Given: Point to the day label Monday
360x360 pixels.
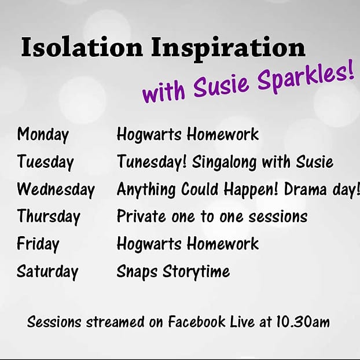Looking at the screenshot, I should [x=43, y=135].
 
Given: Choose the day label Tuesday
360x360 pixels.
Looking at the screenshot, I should [x=45, y=162].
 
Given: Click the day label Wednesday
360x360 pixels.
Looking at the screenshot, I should [x=56, y=189].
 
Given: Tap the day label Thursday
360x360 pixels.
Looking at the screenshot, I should [x=49, y=216].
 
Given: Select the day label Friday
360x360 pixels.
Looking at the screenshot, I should [x=38, y=244].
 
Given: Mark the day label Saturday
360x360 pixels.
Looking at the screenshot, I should [x=47, y=271].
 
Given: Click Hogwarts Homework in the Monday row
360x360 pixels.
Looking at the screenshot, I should [x=188, y=135].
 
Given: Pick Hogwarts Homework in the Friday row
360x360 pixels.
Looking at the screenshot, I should [x=188, y=244].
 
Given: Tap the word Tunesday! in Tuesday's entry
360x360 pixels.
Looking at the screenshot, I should [x=152, y=162].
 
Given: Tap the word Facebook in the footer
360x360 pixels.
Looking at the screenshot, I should [x=196, y=321].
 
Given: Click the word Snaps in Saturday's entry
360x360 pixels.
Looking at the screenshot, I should [x=135, y=271].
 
